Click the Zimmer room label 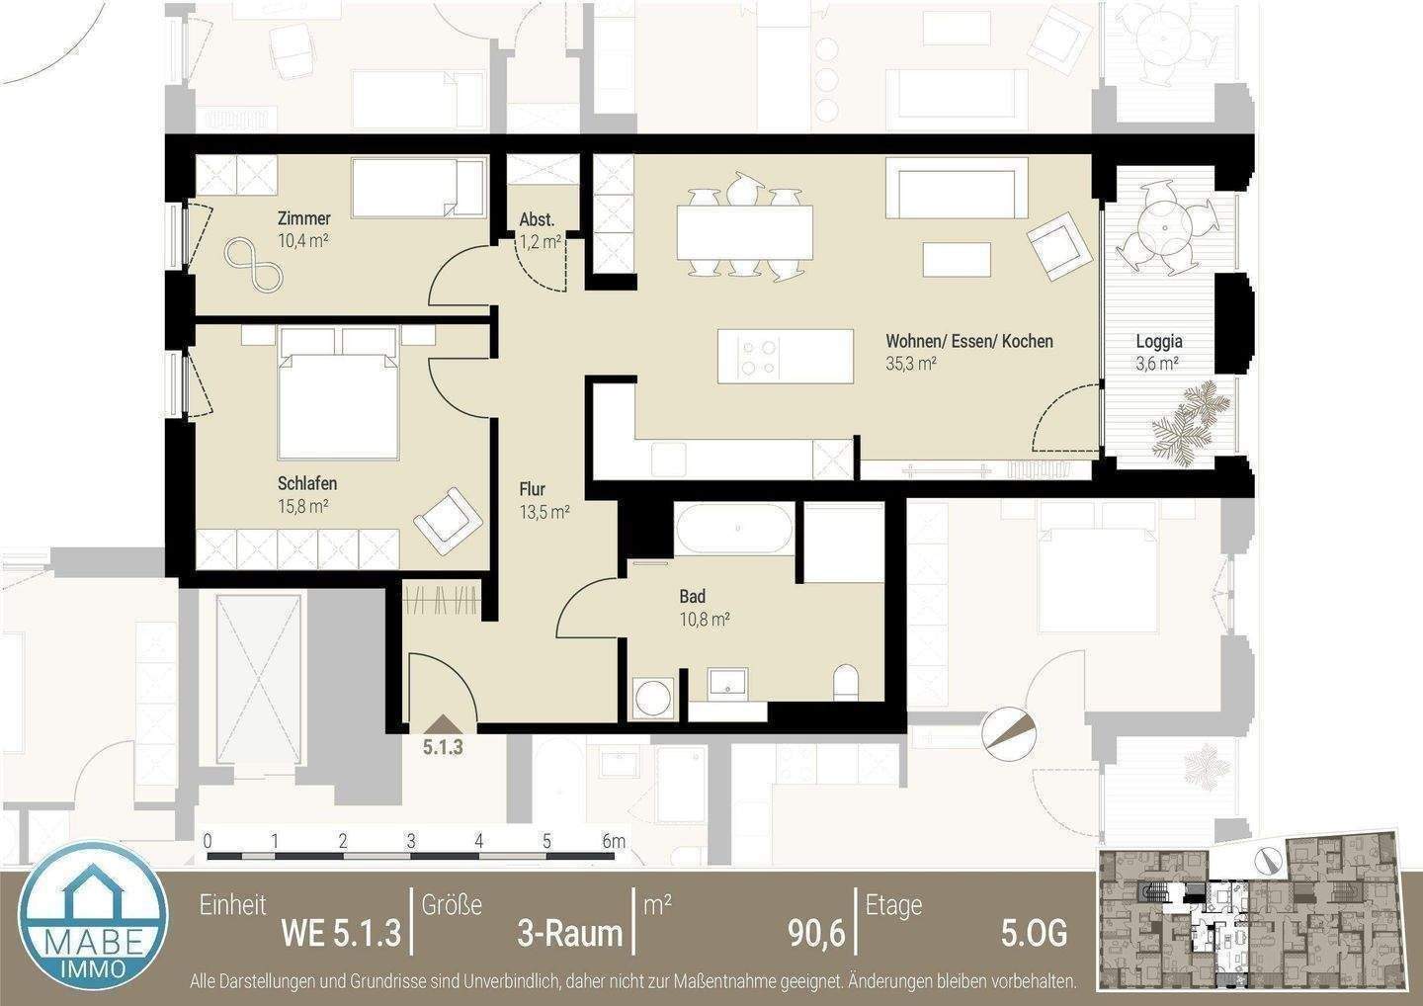303,218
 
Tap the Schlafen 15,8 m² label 306,484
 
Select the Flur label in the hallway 532,489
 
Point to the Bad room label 692,597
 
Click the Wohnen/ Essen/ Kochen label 968,342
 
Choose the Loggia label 1158,342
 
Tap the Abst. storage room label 537,220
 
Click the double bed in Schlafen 339,395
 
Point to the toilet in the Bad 846,682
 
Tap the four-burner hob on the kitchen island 759,358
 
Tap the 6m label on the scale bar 614,842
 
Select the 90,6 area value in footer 815,932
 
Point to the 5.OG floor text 1033,932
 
